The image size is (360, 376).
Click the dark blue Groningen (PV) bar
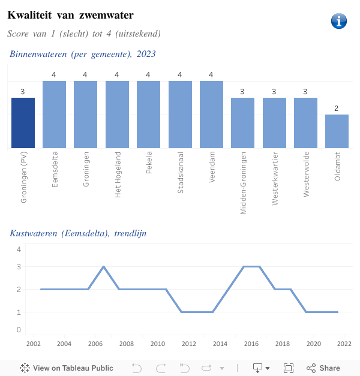pyautogui.click(x=23, y=123)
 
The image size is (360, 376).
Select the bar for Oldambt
pyautogui.click(x=337, y=131)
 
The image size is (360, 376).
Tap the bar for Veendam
pyautogui.click(x=211, y=115)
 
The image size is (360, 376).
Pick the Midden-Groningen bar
pyautogui.click(x=242, y=123)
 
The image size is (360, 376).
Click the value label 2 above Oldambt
pyautogui.click(x=337, y=109)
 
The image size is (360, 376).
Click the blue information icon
pyautogui.click(x=339, y=21)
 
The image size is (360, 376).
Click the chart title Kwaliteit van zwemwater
pyautogui.click(x=71, y=14)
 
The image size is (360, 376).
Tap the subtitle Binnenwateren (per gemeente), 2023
pyautogui.click(x=82, y=54)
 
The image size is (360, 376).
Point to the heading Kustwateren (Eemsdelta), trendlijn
pyautogui.click(x=78, y=233)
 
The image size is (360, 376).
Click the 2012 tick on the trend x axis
pyautogui.click(x=188, y=344)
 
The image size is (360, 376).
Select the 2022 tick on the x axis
pyautogui.click(x=344, y=344)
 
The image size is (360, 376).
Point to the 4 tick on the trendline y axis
pyautogui.click(x=19, y=249)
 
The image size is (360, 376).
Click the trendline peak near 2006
pyautogui.click(x=104, y=266)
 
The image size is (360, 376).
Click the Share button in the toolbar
pyautogui.click(x=323, y=368)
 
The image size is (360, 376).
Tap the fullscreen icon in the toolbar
pyautogui.click(x=288, y=368)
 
